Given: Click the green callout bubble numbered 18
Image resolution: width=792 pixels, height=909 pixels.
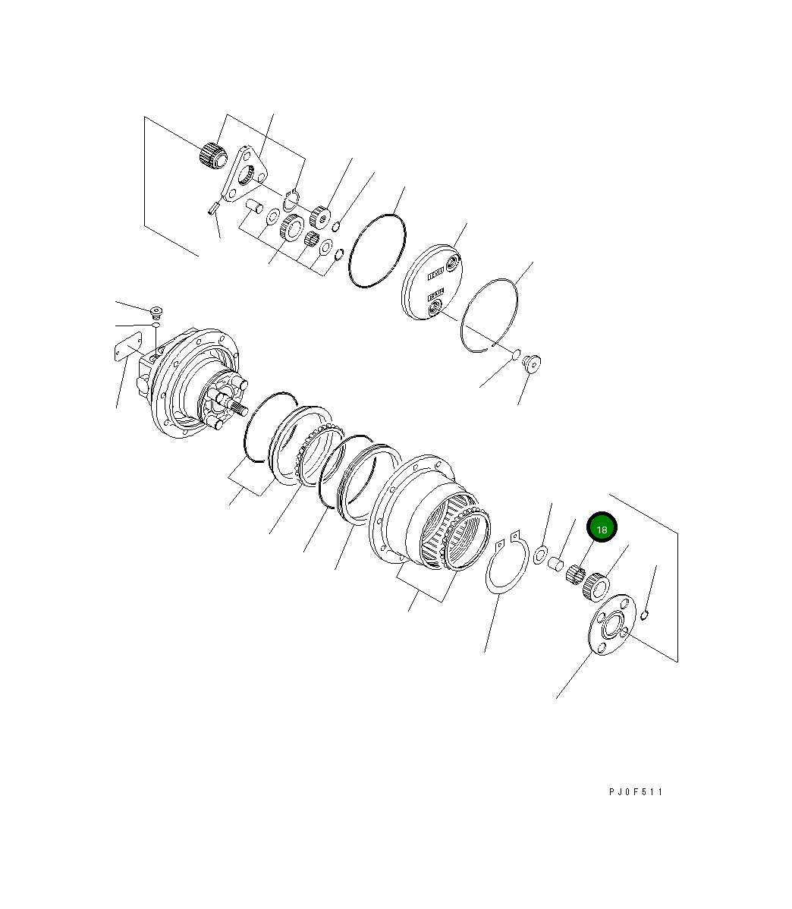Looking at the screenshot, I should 601,529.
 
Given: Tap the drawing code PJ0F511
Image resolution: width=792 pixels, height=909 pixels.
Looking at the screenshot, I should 635,791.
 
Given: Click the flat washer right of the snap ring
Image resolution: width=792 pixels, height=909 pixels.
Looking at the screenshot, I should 542,554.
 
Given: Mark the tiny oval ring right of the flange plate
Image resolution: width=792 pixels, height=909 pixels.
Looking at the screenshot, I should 643,614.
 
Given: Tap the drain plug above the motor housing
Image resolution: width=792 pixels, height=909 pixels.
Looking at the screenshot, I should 156,311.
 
